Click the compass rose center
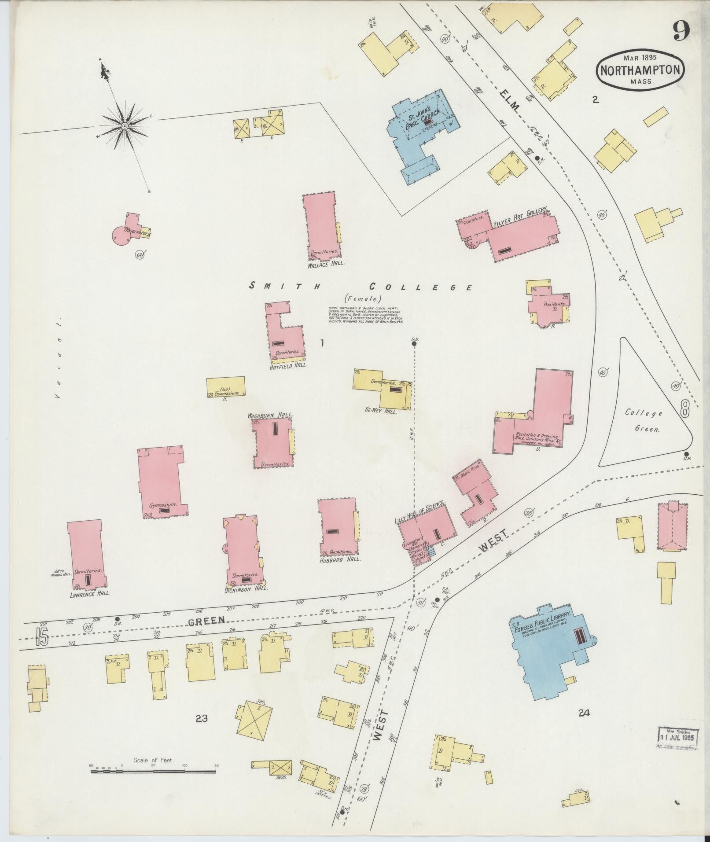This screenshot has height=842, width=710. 125,126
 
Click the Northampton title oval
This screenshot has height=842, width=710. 640,71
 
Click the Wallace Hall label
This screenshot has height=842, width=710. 326,264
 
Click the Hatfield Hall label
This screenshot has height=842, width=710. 289,365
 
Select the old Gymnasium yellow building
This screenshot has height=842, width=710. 226,387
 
